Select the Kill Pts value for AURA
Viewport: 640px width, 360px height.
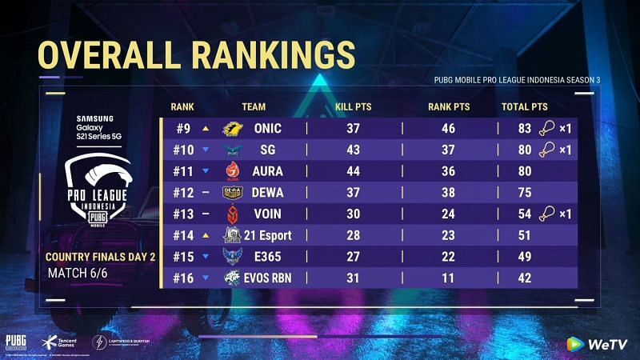pyautogui.click(x=353, y=170)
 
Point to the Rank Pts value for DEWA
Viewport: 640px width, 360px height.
pyautogui.click(x=449, y=192)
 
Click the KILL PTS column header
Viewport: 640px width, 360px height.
pyautogui.click(x=353, y=106)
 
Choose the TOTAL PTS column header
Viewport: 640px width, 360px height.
pyautogui.click(x=524, y=106)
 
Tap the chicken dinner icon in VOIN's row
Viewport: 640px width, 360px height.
pyautogui.click(x=546, y=213)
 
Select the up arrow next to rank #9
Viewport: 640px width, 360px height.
pyautogui.click(x=206, y=128)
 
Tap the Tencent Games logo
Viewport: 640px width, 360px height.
pyautogui.click(x=59, y=342)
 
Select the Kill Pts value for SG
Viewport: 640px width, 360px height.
pyautogui.click(x=353, y=149)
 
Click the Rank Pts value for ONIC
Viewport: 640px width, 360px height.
pyautogui.click(x=449, y=128)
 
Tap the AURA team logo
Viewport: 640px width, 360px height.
pyautogui.click(x=233, y=170)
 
